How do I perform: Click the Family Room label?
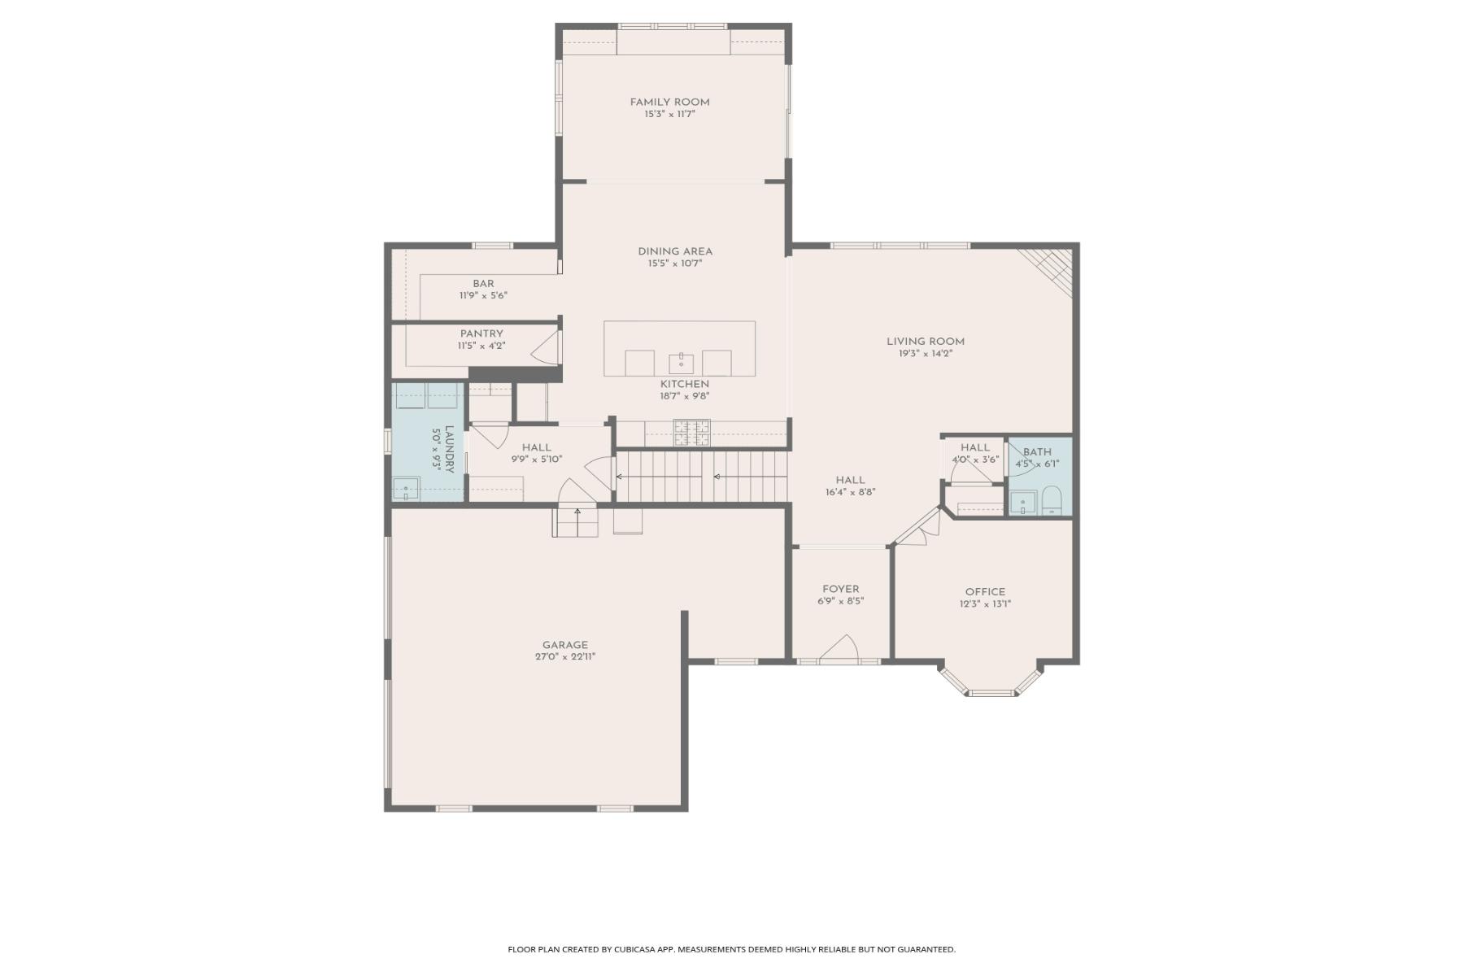click(x=669, y=102)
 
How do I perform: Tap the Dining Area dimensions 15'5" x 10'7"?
click(x=674, y=264)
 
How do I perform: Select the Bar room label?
click(x=483, y=284)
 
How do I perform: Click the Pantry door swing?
click(x=546, y=346)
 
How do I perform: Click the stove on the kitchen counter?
click(x=691, y=433)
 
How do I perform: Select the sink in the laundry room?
click(x=406, y=489)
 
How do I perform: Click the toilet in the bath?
click(x=1052, y=500)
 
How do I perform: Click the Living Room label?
click(x=926, y=342)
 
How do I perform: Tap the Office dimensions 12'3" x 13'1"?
click(x=985, y=604)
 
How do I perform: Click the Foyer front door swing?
click(x=839, y=649)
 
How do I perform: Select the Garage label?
click(x=565, y=645)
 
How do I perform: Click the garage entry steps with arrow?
click(x=577, y=521)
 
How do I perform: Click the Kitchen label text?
click(x=685, y=384)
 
